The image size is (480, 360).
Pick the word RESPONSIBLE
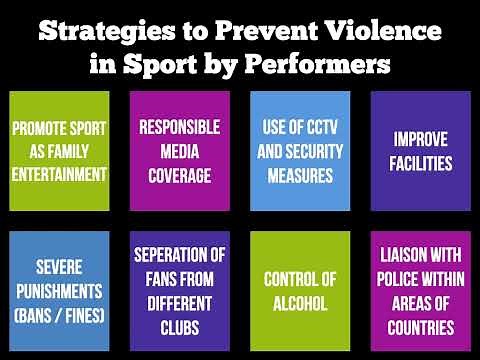(x=180, y=128)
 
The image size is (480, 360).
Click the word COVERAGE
(x=180, y=175)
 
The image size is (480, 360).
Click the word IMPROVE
(x=420, y=139)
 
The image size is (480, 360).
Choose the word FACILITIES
(x=420, y=163)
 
